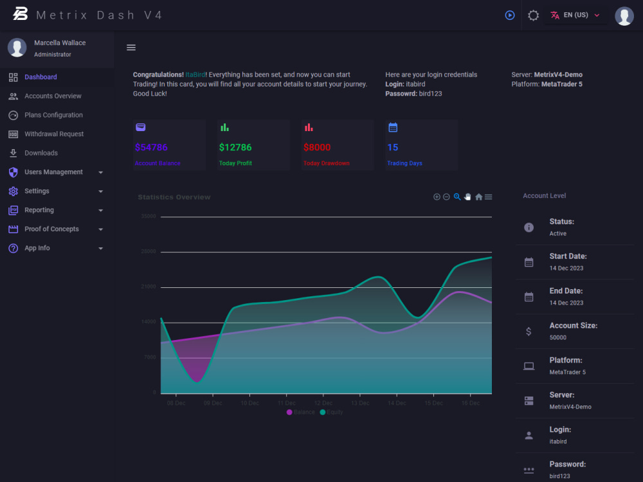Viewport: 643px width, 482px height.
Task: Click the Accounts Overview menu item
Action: tap(53, 96)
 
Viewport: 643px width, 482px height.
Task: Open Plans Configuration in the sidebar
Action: tap(53, 115)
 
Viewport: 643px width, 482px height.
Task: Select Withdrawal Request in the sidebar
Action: tap(54, 134)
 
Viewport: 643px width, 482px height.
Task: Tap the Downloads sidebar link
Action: tap(41, 153)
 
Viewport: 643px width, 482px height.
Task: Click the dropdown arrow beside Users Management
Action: tap(101, 172)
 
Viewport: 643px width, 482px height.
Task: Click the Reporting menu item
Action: tap(39, 210)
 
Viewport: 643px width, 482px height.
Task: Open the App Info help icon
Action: tap(13, 248)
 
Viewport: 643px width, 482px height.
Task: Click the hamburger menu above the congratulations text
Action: tap(131, 48)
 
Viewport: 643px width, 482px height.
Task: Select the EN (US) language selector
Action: tap(575, 15)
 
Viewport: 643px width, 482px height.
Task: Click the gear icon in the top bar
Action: tap(533, 15)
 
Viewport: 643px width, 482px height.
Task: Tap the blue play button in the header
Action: tap(510, 15)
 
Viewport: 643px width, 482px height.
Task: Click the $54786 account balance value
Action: tap(151, 148)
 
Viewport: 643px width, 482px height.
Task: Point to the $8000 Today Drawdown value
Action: tap(317, 148)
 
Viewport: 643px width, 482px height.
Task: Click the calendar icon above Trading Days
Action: tap(393, 127)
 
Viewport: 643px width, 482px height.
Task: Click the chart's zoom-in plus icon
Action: tap(437, 197)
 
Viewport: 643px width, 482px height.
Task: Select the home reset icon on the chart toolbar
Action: tap(478, 197)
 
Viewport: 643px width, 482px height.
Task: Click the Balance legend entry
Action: tap(301, 412)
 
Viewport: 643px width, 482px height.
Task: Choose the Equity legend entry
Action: tap(332, 412)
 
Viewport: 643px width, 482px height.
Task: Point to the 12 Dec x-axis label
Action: tap(323, 404)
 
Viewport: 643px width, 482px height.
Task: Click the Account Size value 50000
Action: tap(557, 337)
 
